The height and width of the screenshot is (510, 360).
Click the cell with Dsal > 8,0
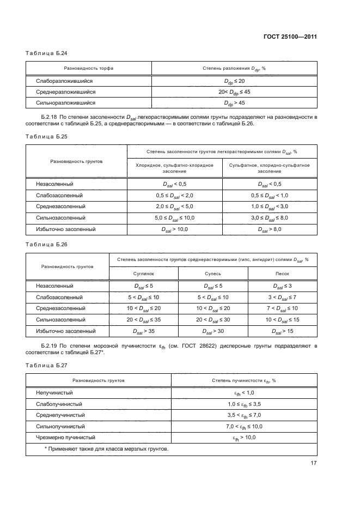(270, 229)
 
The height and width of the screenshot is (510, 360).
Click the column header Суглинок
(144, 274)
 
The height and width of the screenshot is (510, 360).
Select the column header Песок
(282, 274)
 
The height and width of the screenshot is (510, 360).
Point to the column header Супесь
(212, 274)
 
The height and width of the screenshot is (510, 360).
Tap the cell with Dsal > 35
(144, 330)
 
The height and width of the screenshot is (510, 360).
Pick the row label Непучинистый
(54, 392)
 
